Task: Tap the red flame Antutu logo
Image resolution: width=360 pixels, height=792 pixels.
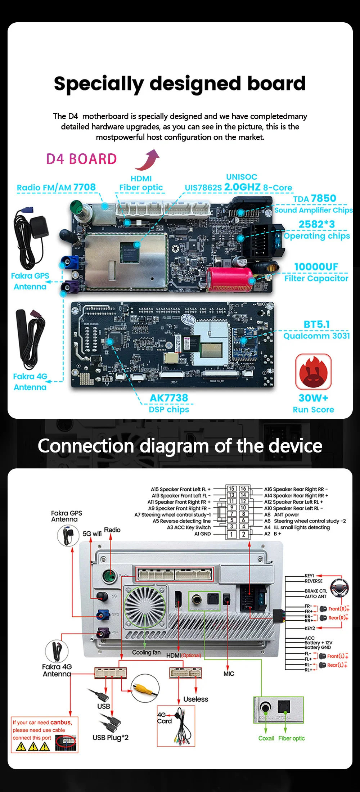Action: point(313,372)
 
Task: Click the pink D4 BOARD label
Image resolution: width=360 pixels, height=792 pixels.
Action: point(82,159)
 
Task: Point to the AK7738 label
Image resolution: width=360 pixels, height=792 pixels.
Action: point(169,398)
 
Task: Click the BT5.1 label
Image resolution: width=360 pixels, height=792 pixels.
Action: point(316,324)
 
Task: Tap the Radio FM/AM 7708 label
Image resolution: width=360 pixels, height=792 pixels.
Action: point(56,187)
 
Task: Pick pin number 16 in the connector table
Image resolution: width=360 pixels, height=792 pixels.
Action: point(243,489)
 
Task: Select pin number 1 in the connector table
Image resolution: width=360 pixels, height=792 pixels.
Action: point(231,534)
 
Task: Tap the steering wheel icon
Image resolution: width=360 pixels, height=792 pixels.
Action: point(339,587)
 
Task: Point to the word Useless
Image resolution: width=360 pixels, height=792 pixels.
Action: point(195,699)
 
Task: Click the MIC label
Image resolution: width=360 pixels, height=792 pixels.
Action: point(229,674)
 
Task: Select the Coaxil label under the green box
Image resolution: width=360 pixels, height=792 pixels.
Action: point(266,738)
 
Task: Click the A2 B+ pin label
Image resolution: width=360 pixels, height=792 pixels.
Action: point(273,534)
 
